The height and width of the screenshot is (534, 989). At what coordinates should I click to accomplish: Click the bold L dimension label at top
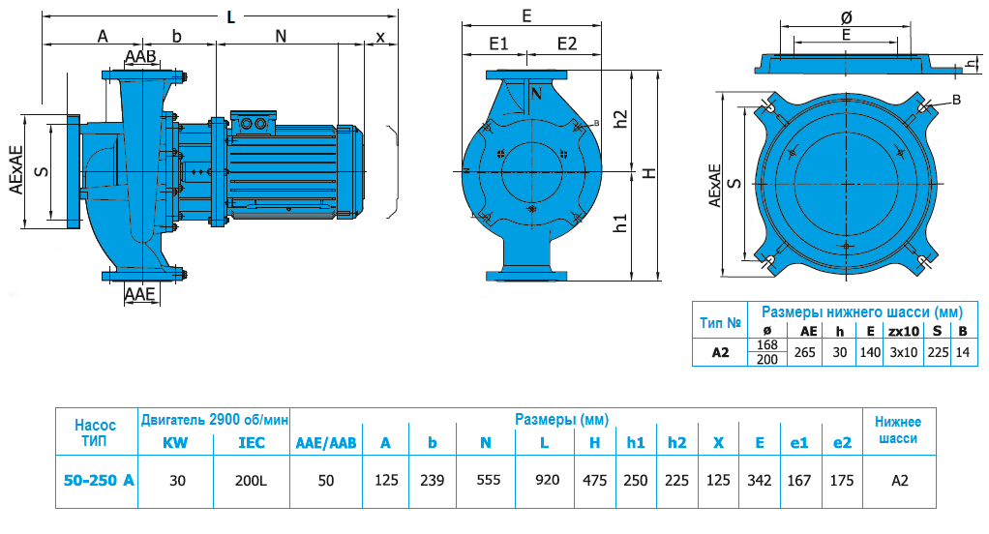click(229, 16)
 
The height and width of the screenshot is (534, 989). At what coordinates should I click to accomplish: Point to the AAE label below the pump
click(140, 294)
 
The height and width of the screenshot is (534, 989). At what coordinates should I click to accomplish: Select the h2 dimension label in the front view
click(621, 118)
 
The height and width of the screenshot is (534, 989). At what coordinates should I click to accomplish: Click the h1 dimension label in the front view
click(621, 222)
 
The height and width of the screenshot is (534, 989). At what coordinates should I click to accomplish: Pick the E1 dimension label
click(498, 44)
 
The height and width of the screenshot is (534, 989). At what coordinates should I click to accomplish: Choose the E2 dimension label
click(566, 44)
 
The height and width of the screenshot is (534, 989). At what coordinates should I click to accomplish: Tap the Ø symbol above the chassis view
click(847, 16)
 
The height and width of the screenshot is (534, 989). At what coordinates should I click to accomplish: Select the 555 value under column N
click(485, 479)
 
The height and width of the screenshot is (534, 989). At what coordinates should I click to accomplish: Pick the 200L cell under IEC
click(251, 479)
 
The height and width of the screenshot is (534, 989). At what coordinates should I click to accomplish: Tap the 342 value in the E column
click(759, 479)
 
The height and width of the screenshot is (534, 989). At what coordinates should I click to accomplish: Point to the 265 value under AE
click(804, 353)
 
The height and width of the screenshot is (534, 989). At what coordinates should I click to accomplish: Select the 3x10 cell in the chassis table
click(903, 353)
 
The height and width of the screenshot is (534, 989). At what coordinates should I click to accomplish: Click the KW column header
click(175, 442)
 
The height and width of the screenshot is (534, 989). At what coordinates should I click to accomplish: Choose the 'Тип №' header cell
click(720, 321)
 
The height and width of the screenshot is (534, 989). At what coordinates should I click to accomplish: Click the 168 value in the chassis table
click(767, 345)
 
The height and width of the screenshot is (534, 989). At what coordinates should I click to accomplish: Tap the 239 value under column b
click(433, 479)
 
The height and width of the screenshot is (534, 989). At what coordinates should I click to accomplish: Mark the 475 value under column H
click(594, 479)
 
